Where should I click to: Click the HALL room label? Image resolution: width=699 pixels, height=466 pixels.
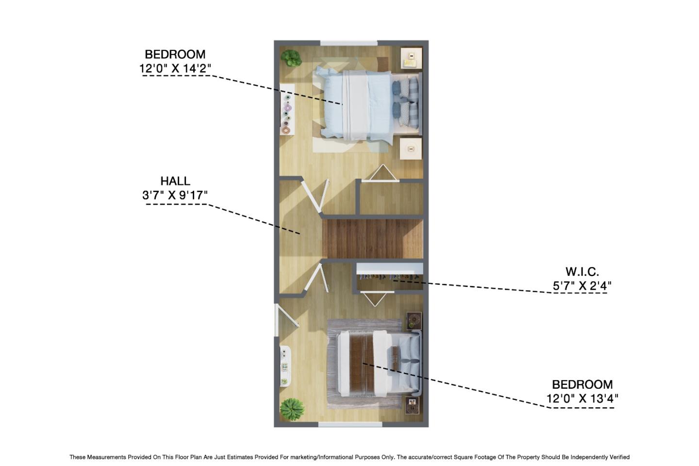point(175,181)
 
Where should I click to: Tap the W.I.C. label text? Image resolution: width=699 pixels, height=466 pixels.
point(582,271)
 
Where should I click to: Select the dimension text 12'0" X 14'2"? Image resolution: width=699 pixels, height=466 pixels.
point(175,68)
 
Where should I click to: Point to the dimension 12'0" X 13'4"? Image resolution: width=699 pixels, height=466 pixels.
point(582,399)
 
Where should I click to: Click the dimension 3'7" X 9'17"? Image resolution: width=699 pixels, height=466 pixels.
point(175,195)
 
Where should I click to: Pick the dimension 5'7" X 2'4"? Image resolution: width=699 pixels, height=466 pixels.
point(582,285)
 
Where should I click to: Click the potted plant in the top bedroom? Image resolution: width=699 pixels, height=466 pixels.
point(291,58)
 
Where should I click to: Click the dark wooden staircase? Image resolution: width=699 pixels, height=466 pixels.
point(372,238)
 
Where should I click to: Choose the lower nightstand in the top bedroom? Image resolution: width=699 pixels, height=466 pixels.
point(411,149)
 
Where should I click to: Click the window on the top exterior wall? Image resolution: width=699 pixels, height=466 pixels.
point(349,43)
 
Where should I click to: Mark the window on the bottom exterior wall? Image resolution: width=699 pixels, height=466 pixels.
point(349,424)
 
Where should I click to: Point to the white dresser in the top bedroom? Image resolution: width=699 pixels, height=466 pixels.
point(287,109)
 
